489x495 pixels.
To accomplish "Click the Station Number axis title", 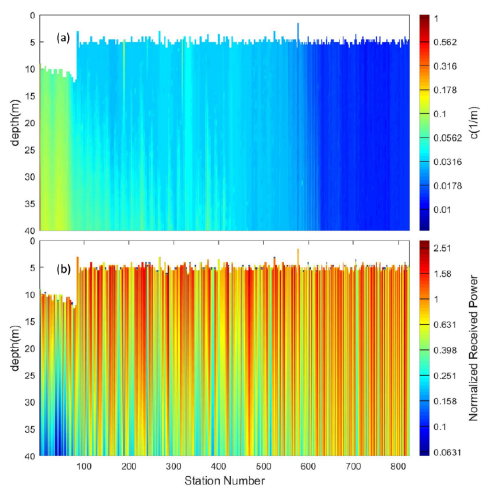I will click(x=224, y=481).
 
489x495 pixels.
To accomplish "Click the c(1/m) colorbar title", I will click(x=474, y=122).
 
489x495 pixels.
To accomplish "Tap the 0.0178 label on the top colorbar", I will click(x=447, y=186).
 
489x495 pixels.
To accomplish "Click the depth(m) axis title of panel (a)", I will click(x=16, y=122).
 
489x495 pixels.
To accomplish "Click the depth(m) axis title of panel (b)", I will click(x=16, y=348).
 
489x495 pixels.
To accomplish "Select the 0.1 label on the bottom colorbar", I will click(x=440, y=427).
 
